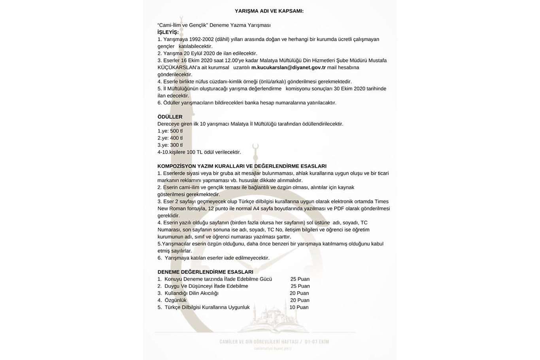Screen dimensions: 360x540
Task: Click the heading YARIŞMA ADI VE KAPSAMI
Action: coord(269,11)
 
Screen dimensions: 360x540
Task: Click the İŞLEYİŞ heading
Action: coord(168,32)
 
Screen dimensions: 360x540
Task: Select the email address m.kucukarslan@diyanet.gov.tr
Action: coord(288,68)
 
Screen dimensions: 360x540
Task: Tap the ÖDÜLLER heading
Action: coord(170,117)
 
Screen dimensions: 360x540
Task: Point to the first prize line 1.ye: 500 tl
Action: coord(170,131)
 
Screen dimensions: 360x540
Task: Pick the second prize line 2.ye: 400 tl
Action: coord(170,138)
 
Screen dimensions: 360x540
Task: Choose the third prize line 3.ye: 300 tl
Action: coord(170,145)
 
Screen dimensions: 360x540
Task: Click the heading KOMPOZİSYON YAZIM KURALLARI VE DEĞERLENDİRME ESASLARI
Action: coord(242,166)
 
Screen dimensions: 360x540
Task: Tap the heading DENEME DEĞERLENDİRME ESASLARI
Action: coord(205,272)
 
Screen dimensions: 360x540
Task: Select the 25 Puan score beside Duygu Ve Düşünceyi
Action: coord(300,286)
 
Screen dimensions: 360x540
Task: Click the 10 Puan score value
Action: coord(299,307)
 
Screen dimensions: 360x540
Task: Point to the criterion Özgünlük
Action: coord(176,300)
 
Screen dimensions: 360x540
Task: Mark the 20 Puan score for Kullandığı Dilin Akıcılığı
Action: coord(299,293)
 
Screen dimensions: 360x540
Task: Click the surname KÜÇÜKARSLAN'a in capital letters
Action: coord(176,68)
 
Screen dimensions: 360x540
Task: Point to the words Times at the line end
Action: coord(381,201)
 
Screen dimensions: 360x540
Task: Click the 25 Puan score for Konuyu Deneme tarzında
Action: coord(300,279)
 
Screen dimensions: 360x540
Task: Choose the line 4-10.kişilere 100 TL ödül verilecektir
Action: coord(199,152)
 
